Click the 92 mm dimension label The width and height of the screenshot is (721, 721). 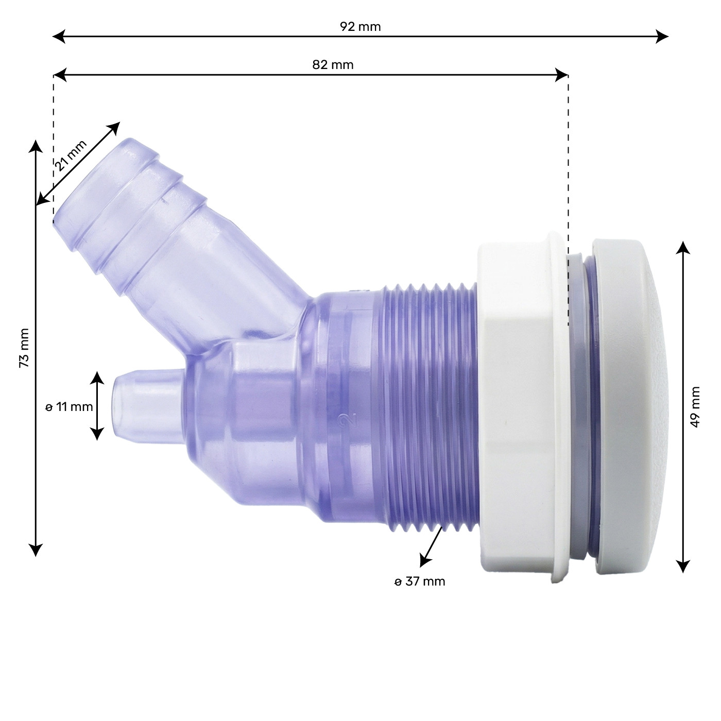coord(360,27)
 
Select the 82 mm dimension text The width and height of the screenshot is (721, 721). coord(333,65)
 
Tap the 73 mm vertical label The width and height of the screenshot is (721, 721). coord(24,348)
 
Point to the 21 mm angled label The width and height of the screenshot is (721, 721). coord(71,155)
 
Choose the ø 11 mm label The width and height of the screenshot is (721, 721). coord(69,407)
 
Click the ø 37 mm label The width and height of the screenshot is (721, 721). coord(420,581)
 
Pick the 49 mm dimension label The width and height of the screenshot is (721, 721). coord(694,407)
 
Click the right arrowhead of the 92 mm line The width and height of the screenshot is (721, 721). coord(662,36)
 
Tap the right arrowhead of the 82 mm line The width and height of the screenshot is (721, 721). coord(562,75)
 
